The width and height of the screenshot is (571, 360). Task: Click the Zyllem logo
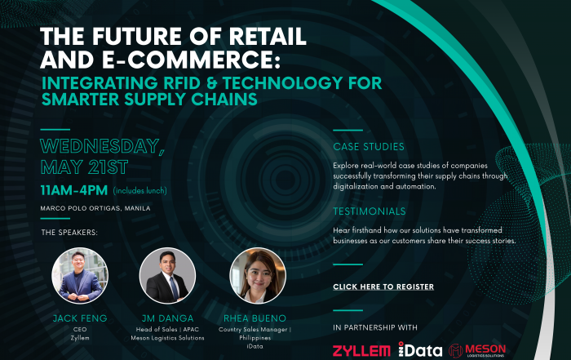pos(361,351)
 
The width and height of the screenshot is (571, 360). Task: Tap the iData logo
pos(420,349)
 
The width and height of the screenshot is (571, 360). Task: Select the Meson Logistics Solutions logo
pos(477,350)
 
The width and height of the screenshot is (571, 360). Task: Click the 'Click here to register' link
pos(383,287)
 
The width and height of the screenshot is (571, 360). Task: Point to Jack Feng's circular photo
pos(80,275)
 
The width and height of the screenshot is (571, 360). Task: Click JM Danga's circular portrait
pos(167,275)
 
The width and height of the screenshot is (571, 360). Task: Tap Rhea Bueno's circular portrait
pos(258,275)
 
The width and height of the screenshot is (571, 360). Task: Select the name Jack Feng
pos(80,318)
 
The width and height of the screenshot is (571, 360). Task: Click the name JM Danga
pos(167,318)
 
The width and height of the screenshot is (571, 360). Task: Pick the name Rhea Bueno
pos(255,318)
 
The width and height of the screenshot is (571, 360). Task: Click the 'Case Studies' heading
pos(369,146)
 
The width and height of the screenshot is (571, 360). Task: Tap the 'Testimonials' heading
pos(370,211)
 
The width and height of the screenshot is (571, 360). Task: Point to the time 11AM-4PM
pos(74,190)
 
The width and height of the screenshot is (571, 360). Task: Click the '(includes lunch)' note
pos(140,190)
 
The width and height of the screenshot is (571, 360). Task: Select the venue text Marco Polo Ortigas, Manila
pos(95,208)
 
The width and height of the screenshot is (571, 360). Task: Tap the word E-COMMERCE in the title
pos(191,60)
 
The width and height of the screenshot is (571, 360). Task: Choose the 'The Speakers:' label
pos(69,233)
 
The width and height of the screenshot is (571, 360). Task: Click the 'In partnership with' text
pos(375,327)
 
